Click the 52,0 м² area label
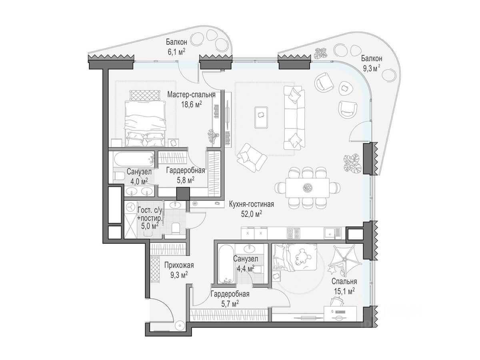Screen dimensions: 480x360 251,214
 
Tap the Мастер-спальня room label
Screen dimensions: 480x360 191,95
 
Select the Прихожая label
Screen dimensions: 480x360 179,265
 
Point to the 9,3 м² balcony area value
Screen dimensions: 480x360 371,68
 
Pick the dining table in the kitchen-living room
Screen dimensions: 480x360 307,188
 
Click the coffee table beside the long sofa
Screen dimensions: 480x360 261,117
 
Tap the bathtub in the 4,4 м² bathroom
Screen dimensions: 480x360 227,264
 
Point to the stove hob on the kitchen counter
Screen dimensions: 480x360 294,234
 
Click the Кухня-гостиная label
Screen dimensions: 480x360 252,204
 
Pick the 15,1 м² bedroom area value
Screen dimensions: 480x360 344,291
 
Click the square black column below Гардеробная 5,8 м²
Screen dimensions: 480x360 183,194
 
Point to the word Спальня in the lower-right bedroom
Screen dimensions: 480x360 344,281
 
